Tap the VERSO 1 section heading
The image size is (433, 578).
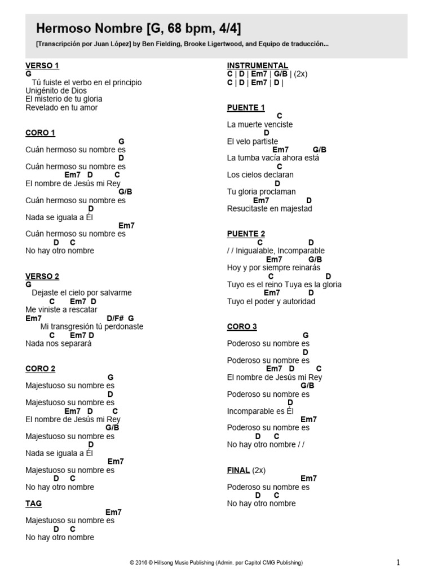42,65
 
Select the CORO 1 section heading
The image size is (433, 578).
40,133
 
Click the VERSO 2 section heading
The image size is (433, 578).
42,276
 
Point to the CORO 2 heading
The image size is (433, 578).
40,369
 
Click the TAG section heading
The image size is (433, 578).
33,503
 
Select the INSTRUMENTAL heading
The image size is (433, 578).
258,65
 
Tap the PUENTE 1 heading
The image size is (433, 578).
246,107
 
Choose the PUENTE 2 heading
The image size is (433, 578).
246,234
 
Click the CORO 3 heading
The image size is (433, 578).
242,326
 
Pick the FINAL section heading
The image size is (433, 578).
238,470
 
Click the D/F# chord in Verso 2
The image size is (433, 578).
116,318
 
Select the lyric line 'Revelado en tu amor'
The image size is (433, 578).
61,108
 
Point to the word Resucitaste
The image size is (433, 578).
248,209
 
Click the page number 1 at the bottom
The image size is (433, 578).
398,562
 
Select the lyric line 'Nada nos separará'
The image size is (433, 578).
58,343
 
